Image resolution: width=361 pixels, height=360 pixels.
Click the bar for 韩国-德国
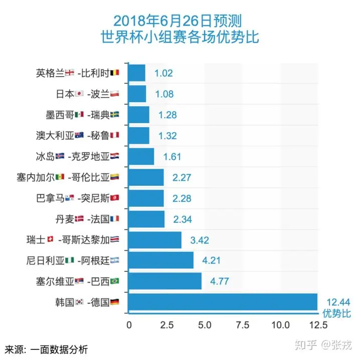tap(223, 302)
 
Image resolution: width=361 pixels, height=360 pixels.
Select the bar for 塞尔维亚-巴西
tap(165, 281)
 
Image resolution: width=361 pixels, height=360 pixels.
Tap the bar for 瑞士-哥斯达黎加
tap(155, 240)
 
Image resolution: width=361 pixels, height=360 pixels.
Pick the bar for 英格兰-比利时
tap(137, 73)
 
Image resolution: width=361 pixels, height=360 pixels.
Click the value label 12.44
tap(337, 301)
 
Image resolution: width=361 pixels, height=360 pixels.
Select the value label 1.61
tap(172, 156)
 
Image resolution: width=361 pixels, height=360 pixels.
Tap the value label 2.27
tap(182, 177)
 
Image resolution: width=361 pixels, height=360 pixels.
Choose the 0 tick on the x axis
tap(129, 325)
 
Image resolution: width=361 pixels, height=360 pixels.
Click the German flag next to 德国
tap(115, 302)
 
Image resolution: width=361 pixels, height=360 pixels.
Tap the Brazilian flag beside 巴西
tap(114, 281)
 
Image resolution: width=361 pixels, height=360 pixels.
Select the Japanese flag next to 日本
tap(79, 94)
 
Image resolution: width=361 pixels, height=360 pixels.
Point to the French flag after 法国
tap(114, 219)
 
